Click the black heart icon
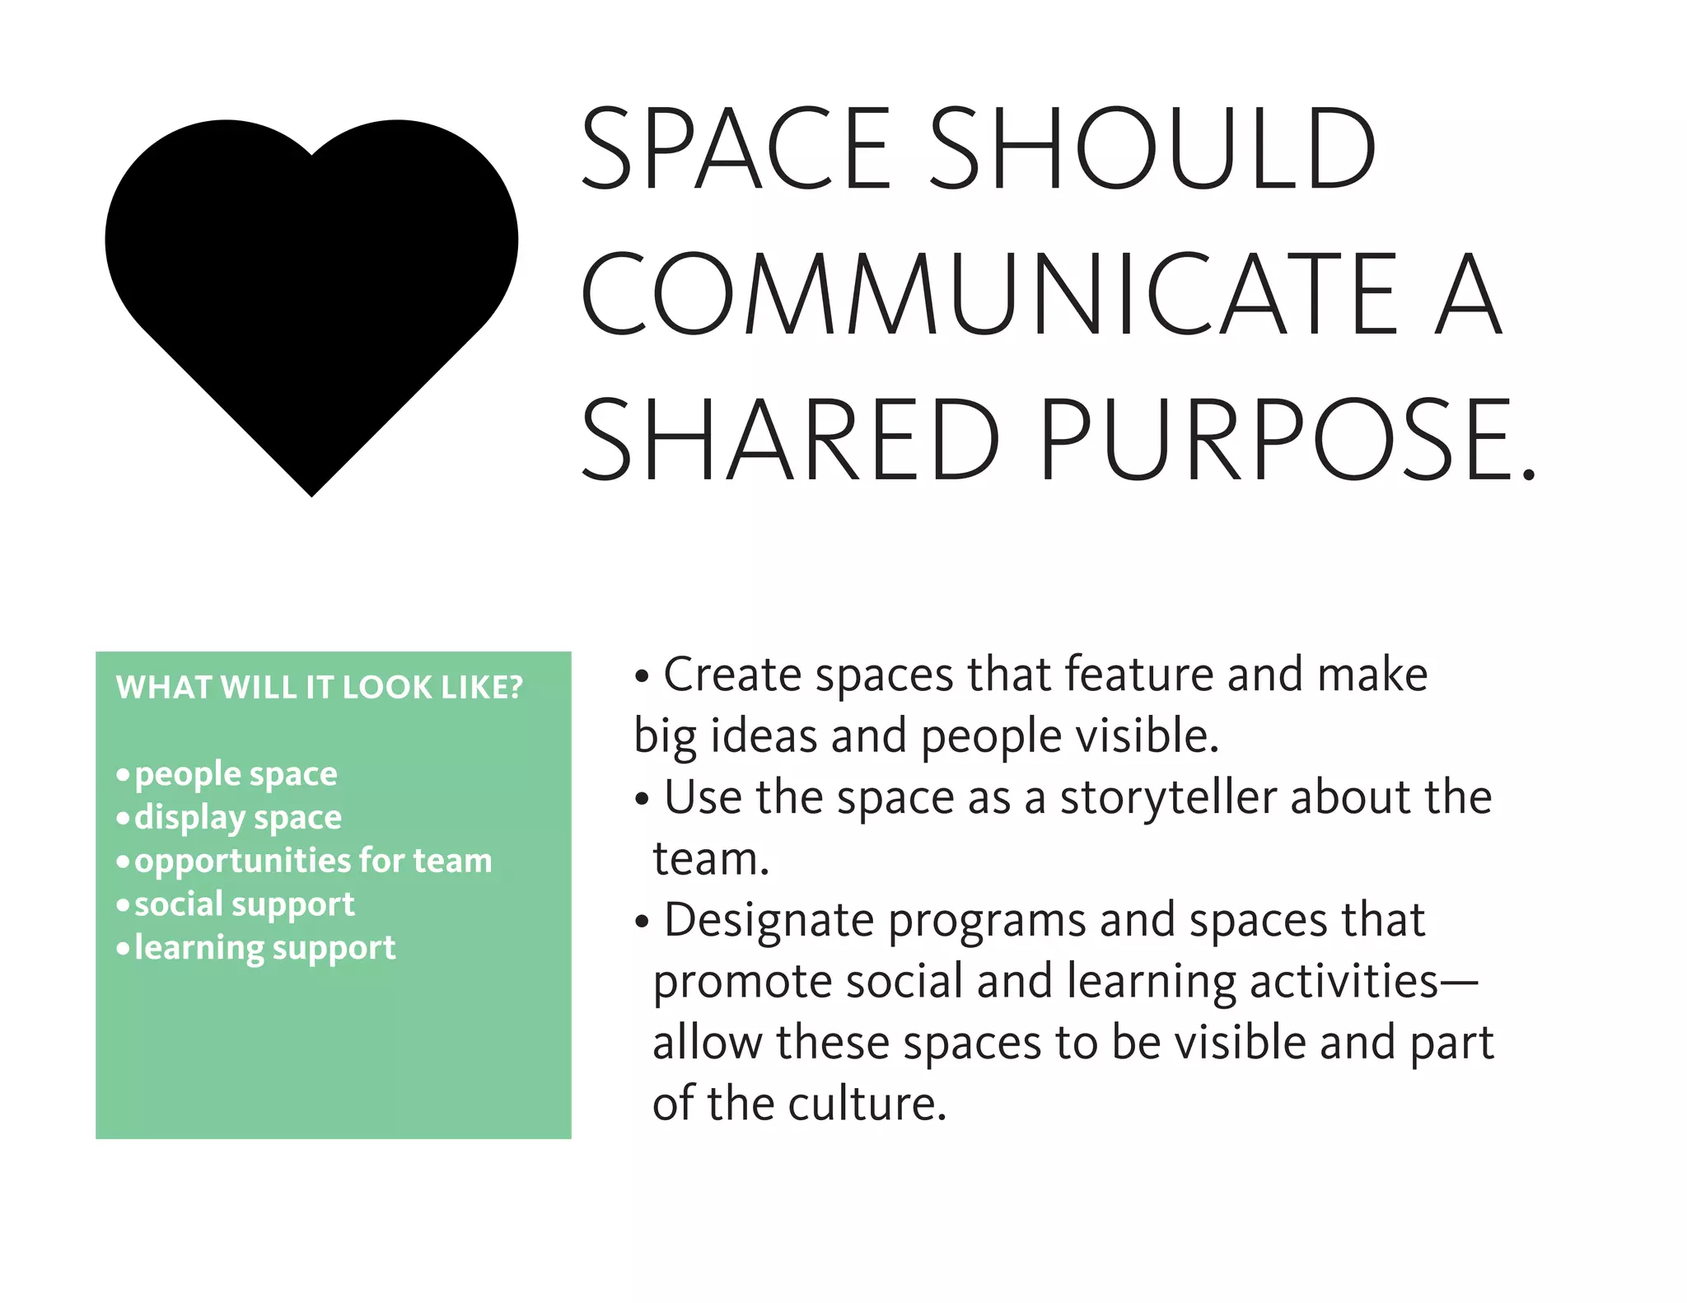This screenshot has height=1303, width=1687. click(x=311, y=288)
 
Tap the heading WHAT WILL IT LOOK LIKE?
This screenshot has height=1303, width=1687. click(x=320, y=687)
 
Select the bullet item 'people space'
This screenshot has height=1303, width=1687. click(x=236, y=774)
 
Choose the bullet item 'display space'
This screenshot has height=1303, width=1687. click(x=238, y=818)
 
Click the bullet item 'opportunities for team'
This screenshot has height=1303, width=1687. click(x=313, y=861)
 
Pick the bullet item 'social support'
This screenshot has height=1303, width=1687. click(x=245, y=904)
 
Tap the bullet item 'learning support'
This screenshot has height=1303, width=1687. click(x=264, y=948)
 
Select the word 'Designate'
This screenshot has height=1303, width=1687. click(x=769, y=920)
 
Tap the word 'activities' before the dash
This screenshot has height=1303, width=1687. click(x=1344, y=982)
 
